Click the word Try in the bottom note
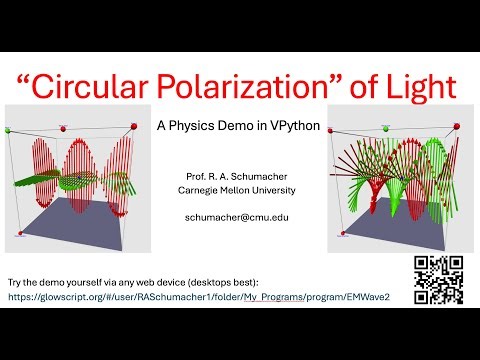click(16, 280)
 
